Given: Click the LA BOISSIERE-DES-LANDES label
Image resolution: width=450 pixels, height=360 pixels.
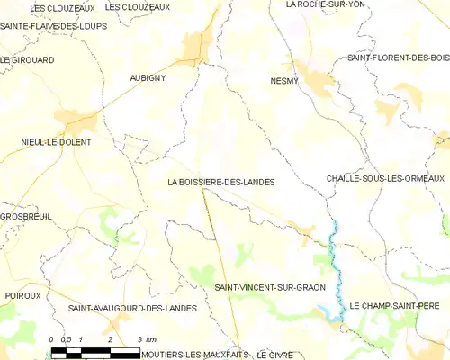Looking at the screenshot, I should click(x=220, y=182).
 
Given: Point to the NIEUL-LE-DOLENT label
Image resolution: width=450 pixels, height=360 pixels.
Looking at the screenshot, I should click(x=57, y=142).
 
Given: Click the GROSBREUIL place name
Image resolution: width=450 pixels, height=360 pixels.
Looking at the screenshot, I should click(x=26, y=217).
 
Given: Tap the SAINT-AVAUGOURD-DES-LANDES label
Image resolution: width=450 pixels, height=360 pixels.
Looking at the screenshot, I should click(x=132, y=309).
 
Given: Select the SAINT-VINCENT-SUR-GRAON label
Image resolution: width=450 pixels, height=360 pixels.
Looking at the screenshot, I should click(x=270, y=287).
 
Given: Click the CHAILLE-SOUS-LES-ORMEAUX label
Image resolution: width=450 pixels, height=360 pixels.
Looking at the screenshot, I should click(x=386, y=178).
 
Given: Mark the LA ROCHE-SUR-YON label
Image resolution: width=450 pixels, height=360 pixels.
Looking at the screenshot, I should click(x=326, y=4).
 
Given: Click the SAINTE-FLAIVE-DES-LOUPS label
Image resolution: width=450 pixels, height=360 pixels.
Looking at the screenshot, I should click(x=54, y=26).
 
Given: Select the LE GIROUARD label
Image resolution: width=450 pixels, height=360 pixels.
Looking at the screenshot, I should click(x=28, y=59).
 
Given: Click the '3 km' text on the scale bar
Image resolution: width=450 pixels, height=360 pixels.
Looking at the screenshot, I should click(x=146, y=338).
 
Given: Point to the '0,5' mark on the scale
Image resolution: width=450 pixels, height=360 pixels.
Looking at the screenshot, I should click(x=67, y=338).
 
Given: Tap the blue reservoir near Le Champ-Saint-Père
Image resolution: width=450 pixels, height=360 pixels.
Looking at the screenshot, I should click(x=335, y=310).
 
